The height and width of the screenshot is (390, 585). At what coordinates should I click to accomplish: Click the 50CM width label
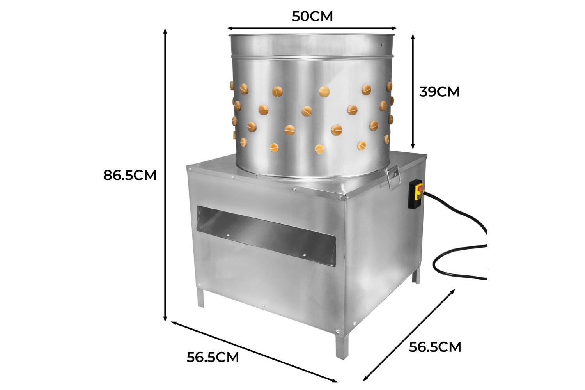click(x=312, y=16)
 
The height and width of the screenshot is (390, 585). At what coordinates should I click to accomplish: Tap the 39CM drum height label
click(x=439, y=92)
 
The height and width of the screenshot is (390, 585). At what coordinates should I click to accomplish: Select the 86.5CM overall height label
click(x=130, y=175)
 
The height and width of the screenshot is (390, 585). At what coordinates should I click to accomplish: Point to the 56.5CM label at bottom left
click(x=213, y=357)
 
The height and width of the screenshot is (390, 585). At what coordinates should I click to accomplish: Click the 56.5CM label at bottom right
click(x=435, y=347)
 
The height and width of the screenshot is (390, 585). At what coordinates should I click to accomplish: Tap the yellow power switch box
click(x=416, y=194)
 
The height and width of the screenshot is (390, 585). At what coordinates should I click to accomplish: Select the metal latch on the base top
click(x=393, y=177)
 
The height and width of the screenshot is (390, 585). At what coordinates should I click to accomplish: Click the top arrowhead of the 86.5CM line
click(x=165, y=31)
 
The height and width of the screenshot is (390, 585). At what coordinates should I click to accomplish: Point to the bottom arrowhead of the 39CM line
click(x=413, y=147)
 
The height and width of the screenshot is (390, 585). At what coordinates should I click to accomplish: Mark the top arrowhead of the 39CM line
click(x=413, y=37)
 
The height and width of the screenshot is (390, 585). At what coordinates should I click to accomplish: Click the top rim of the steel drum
click(x=312, y=35)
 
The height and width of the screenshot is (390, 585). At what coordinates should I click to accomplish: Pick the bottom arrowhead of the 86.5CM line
click(x=165, y=319)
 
